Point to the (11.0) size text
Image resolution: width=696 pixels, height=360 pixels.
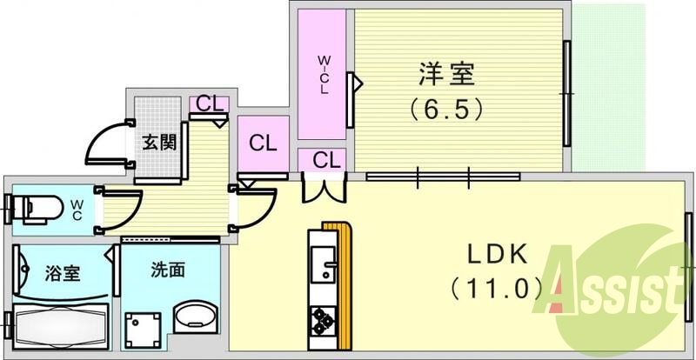pos(498,287)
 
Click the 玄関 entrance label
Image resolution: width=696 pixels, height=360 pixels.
pos(159,142)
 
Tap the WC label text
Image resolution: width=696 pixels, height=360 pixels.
pos(77,209)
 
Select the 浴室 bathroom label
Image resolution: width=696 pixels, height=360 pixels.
pos(63,272)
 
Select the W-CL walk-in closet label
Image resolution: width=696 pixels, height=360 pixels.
pos(323,76)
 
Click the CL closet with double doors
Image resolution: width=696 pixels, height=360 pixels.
pos(324,160)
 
